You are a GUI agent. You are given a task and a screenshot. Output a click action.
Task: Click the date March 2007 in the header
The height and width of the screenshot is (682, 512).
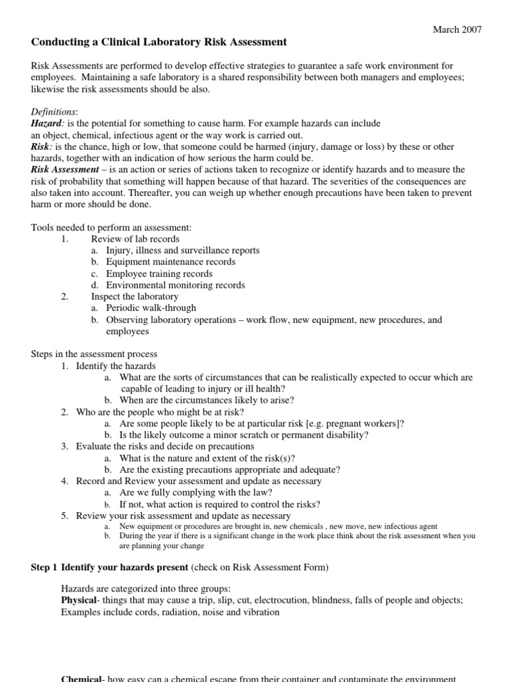point(457,29)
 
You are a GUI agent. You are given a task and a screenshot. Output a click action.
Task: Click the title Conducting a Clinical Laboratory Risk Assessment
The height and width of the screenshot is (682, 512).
point(159,43)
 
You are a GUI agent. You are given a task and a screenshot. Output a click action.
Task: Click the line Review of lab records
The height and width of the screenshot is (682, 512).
point(135,238)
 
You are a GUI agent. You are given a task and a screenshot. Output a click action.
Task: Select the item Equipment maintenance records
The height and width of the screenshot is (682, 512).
point(170,262)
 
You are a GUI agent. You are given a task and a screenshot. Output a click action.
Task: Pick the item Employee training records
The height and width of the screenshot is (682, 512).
point(168,274)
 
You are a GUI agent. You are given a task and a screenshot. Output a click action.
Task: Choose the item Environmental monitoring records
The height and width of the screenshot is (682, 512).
point(175,285)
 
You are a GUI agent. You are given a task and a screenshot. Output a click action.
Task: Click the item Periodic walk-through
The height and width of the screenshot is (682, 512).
point(151,308)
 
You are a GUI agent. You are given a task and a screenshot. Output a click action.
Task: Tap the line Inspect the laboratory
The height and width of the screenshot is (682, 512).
point(135,296)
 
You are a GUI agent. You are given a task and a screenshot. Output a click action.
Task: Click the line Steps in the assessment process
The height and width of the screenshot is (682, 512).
point(95,354)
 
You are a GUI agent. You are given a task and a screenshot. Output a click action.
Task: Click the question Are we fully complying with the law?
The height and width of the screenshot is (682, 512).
point(196,493)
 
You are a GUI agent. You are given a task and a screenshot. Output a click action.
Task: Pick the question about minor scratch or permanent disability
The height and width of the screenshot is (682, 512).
point(244,435)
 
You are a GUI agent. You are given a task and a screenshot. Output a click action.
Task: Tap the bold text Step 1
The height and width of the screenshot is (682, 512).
point(45,567)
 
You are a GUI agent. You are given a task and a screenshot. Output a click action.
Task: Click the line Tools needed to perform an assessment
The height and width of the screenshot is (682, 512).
point(111,227)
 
